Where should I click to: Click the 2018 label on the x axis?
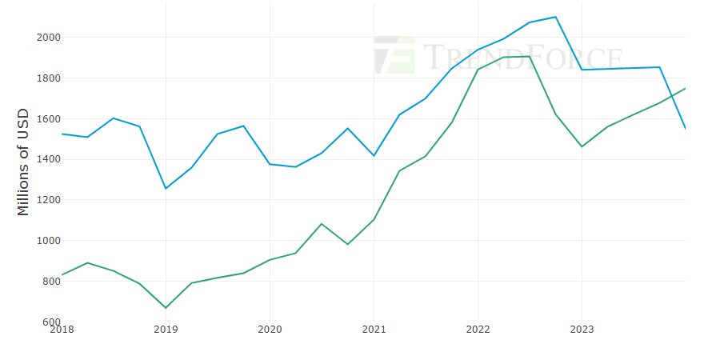pyautogui.click(x=62, y=329)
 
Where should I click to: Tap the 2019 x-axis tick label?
pyautogui.click(x=166, y=329)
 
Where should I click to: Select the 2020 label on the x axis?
pyautogui.click(x=270, y=329)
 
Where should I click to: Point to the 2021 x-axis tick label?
pyautogui.click(x=374, y=329)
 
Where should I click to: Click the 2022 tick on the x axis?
pyautogui.click(x=478, y=329)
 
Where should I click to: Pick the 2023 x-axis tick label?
pyautogui.click(x=582, y=329)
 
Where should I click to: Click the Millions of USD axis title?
pyautogui.click(x=23, y=162)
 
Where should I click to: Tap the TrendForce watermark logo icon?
pyautogui.click(x=394, y=55)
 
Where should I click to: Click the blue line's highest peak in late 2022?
pyautogui.click(x=555, y=17)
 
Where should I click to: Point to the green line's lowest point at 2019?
pyautogui.click(x=166, y=307)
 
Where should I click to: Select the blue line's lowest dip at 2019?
pyautogui.click(x=166, y=188)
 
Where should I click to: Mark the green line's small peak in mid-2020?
pyautogui.click(x=322, y=224)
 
